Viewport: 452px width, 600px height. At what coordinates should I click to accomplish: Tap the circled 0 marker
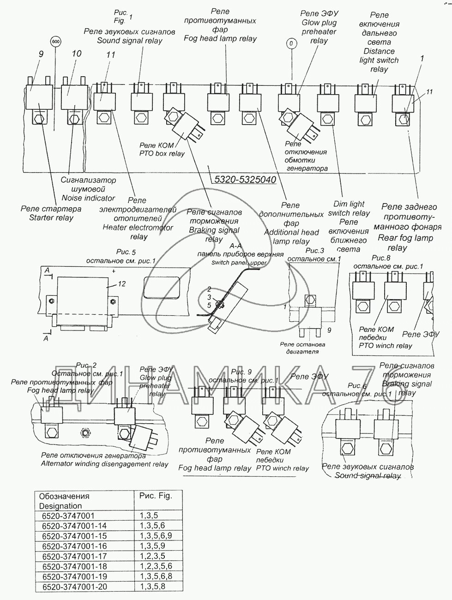point(291,44)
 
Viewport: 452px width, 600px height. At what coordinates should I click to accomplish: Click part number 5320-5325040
point(243,179)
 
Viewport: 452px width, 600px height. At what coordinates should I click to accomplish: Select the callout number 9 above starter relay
point(41,54)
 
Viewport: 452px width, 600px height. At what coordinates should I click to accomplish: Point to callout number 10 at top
point(76,54)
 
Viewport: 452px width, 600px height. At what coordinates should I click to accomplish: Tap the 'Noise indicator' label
point(88,198)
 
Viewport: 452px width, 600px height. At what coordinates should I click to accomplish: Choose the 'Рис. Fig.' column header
point(155,496)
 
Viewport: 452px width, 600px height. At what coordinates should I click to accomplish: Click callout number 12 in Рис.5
point(121,284)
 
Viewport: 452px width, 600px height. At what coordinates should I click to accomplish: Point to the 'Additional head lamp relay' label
point(291,237)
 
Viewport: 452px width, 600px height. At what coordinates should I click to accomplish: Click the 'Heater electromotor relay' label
point(138,232)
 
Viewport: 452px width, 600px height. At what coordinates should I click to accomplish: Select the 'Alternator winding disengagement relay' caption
point(104,464)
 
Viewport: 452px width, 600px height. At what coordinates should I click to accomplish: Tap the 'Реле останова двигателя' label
point(302,348)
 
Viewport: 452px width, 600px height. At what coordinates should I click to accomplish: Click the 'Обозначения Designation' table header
point(64,501)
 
